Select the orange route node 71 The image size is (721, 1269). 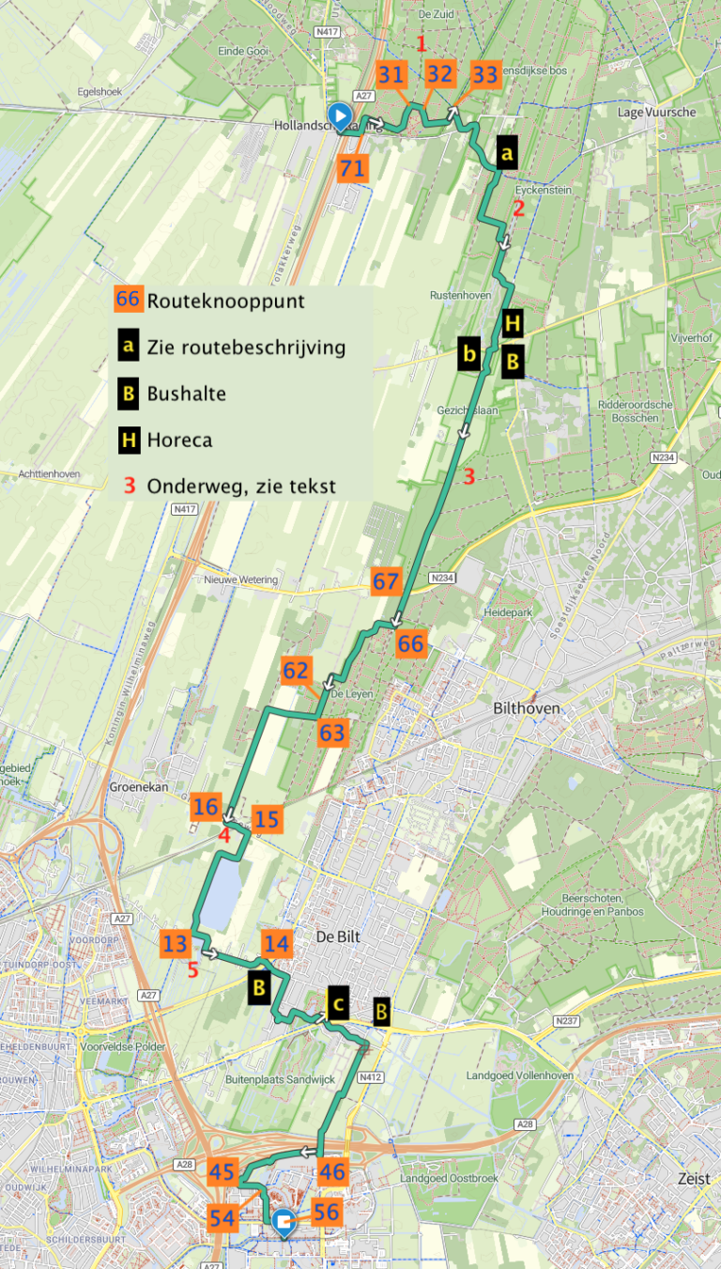click(x=352, y=169)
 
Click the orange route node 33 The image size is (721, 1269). click(x=485, y=74)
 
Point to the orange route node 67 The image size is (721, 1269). click(x=386, y=581)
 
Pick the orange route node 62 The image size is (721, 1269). click(x=296, y=672)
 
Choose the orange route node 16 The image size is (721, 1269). click(x=207, y=807)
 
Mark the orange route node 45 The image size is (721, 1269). click(x=222, y=1171)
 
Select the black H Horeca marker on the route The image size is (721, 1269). click(x=513, y=324)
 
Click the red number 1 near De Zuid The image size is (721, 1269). click(x=422, y=43)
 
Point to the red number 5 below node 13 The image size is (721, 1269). click(x=192, y=970)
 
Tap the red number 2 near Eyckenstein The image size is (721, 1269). click(x=517, y=209)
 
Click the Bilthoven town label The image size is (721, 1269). click(x=526, y=707)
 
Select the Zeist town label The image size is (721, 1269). click(x=696, y=1178)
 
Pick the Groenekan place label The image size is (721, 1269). click(x=138, y=787)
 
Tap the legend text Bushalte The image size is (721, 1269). click(x=186, y=394)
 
